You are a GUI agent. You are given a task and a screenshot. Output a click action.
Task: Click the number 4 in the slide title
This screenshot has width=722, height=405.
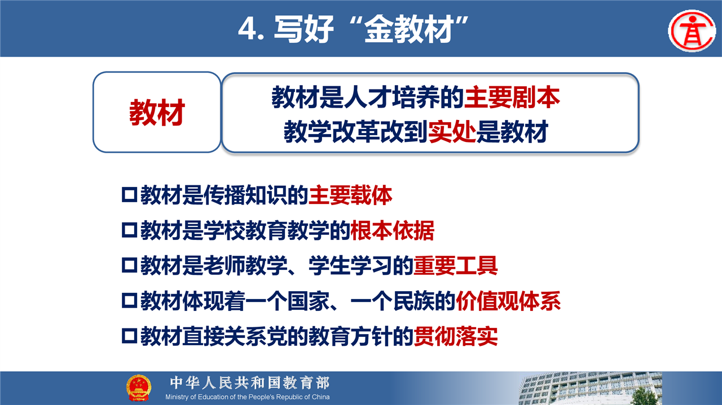click(x=248, y=29)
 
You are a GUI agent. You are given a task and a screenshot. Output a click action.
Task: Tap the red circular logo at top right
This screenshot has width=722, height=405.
click(x=692, y=31)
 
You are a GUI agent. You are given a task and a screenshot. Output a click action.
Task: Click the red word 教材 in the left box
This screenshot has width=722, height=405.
click(x=157, y=112)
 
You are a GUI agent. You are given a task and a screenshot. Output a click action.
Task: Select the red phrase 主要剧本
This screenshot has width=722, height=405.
click(x=512, y=97)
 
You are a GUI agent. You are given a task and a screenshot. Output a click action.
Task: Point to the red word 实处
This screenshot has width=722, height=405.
click(x=452, y=132)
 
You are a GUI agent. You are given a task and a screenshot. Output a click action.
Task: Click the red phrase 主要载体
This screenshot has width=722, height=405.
click(x=350, y=195)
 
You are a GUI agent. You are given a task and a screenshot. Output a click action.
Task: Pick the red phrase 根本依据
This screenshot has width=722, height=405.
click(x=392, y=230)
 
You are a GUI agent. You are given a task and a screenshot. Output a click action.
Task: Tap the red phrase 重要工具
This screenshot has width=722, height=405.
click(x=455, y=266)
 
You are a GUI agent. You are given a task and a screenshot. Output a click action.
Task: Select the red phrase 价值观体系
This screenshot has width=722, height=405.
click(x=508, y=301)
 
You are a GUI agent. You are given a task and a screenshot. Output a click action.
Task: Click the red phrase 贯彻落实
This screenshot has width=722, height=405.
click(x=455, y=336)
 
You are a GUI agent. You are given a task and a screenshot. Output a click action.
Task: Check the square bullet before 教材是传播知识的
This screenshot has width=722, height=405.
click(x=130, y=195)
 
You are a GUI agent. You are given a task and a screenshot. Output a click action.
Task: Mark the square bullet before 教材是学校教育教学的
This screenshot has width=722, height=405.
click(x=130, y=230)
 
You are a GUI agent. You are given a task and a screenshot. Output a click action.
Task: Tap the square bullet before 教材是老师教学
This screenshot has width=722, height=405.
click(x=130, y=266)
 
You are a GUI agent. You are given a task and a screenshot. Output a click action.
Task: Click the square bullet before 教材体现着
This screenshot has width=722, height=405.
click(x=130, y=301)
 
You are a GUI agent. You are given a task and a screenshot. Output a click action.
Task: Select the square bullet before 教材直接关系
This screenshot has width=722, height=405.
click(x=130, y=336)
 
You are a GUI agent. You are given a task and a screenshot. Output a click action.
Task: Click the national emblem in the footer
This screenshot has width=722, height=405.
click(x=138, y=388)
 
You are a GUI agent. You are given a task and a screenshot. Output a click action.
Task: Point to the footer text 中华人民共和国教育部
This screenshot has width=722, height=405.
click(x=250, y=383)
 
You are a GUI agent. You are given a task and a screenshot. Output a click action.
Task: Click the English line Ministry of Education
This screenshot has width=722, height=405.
click(x=248, y=397)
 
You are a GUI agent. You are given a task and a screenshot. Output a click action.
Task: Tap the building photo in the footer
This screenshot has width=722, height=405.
click(x=591, y=388)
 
